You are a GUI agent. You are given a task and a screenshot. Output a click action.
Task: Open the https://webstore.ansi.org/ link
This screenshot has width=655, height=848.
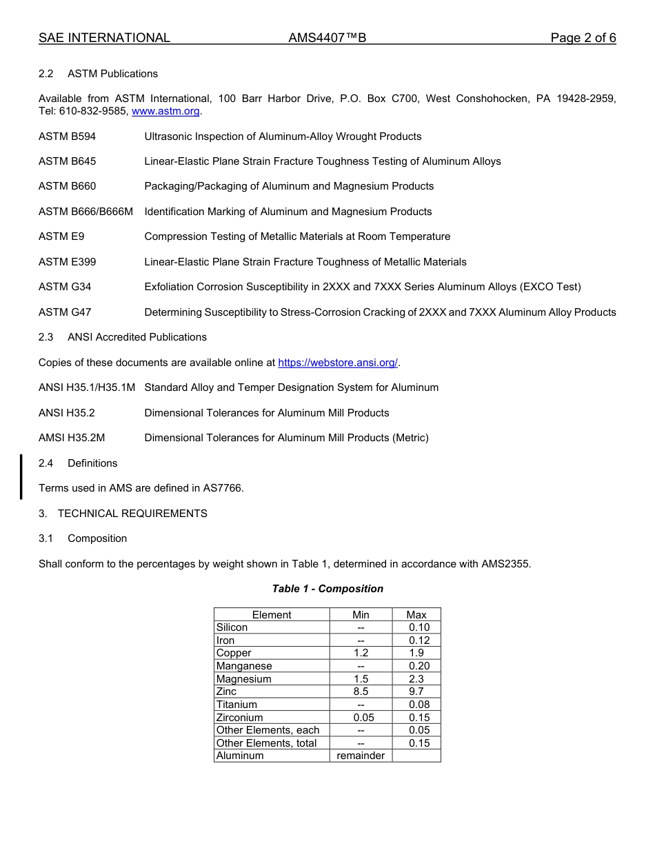coord(338,363)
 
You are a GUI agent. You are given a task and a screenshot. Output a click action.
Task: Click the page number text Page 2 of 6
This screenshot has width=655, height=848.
coord(583,38)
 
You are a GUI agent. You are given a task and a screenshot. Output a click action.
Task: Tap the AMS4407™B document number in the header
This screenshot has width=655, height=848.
coord(327,38)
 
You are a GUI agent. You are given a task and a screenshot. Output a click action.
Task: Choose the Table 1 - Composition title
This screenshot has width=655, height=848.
coord(327,589)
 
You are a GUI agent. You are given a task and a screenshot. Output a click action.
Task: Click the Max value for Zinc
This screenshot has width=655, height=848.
coord(416,691)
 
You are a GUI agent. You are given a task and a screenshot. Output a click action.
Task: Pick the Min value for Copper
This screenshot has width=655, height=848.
coord(361,653)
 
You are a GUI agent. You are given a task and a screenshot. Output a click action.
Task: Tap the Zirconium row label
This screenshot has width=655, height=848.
coord(239,718)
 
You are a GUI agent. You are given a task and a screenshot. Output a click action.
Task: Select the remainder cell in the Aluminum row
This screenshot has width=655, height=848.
coord(361,756)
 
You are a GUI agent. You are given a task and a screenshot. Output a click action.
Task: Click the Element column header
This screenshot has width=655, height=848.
coord(272,615)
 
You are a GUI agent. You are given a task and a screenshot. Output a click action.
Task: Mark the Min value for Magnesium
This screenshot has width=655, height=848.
coord(361,679)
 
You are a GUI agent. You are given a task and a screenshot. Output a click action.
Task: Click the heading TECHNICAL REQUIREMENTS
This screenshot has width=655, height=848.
coord(132,514)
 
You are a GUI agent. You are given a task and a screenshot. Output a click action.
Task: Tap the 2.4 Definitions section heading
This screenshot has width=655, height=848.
coord(92,463)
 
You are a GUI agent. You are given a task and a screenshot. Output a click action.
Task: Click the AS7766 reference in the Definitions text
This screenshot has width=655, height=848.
coord(222,488)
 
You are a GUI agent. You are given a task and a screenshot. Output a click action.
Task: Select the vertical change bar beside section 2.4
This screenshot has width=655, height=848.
coord(21,476)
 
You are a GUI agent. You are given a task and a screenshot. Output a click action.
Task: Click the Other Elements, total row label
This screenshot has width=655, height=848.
coord(266,743)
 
